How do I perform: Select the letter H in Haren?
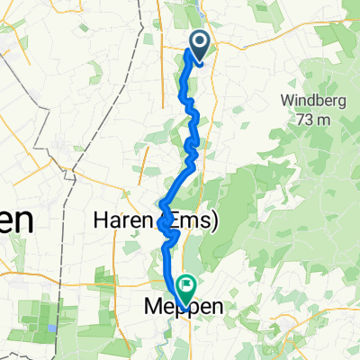click(100, 220)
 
